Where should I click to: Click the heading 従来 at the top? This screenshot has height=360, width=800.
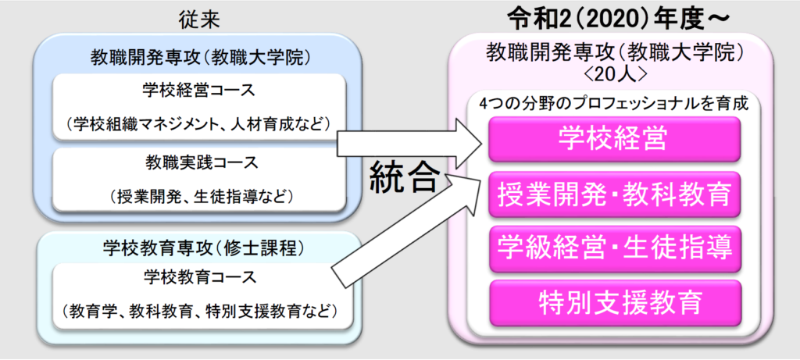coord(199,20)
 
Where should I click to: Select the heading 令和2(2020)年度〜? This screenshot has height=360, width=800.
coord(620,19)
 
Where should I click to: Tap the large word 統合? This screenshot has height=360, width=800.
coord(404,176)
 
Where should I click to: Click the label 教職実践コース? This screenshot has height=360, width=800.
coord(199,164)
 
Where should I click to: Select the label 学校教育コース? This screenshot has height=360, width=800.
coord(199,278)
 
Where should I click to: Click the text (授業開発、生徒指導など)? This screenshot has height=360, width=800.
coord(199,195)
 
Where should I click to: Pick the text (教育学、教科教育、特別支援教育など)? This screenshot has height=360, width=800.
coord(199,309)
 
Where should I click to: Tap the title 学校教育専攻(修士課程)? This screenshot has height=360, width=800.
coord(199,248)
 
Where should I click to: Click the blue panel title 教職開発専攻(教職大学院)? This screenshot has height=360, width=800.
coord(199,56)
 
